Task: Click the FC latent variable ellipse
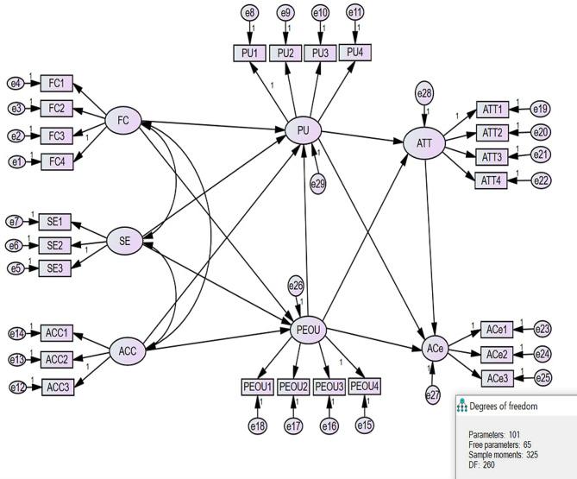pos(122,120)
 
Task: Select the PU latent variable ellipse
pos(303,130)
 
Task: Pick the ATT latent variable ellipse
pos(424,142)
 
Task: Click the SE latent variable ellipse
pos(124,243)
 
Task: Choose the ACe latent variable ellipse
pos(436,350)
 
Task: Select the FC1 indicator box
pos(58,84)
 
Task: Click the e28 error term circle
pos(423,91)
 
